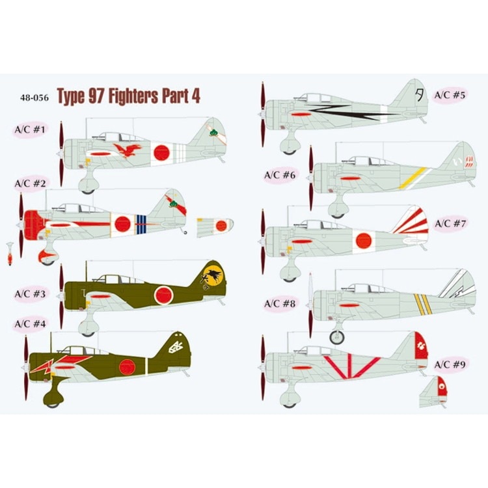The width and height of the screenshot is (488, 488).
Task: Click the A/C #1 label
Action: (x=30, y=129)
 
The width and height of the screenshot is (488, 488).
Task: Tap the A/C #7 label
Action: (x=450, y=223)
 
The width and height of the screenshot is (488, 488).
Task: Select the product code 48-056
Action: (x=34, y=98)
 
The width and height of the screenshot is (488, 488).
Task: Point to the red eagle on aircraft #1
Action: (x=128, y=150)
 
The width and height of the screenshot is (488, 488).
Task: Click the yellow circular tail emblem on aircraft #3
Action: (x=212, y=276)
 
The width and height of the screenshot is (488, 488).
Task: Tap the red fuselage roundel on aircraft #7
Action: (x=364, y=241)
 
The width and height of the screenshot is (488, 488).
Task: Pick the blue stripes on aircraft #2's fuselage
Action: (x=141, y=224)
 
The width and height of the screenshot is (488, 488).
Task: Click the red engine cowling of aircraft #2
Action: (x=34, y=224)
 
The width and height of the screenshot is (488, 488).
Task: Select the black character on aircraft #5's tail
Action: (x=419, y=94)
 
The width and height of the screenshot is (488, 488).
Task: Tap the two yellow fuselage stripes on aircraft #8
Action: (x=423, y=304)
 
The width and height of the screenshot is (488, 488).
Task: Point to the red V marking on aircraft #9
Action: (x=351, y=367)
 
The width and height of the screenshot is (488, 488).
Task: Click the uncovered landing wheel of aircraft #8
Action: (x=337, y=337)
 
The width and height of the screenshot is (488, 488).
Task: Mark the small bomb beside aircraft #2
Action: (x=10, y=254)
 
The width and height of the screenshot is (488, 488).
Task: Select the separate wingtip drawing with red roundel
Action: (x=215, y=227)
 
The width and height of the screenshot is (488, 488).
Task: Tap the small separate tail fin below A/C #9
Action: (x=433, y=392)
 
